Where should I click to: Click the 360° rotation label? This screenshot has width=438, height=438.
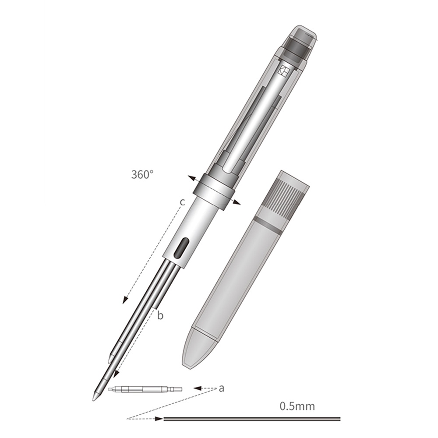142,175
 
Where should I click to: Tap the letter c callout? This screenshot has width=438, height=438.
182,201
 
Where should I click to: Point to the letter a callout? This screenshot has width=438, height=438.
221,388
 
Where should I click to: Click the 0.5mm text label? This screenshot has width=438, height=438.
297,406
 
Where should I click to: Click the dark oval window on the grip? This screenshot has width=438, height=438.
181,248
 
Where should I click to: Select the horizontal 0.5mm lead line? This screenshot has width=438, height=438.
252,419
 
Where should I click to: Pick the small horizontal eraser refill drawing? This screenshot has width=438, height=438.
145,389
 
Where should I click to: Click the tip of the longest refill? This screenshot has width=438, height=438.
94,400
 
